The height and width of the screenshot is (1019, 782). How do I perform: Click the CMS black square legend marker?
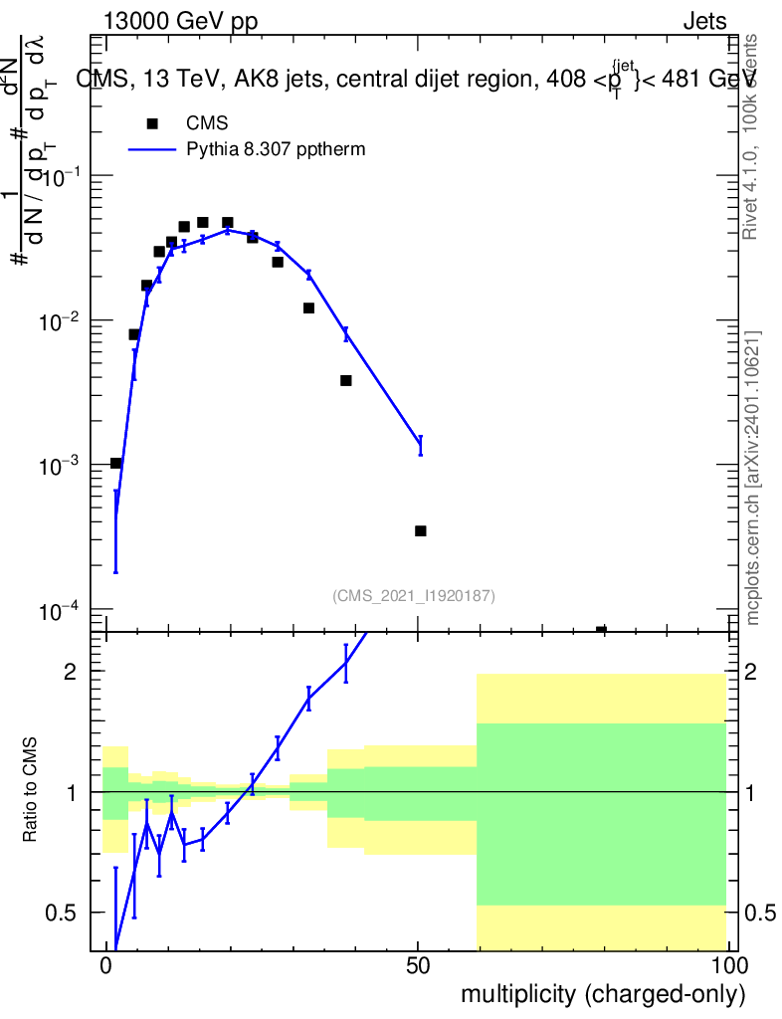(152, 124)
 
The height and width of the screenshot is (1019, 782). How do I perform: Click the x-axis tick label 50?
(418, 966)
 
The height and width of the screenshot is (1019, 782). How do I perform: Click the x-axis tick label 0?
(106, 966)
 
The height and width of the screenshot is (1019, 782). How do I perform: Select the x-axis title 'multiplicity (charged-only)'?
(602, 993)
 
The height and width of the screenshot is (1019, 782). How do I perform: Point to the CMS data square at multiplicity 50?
(420, 531)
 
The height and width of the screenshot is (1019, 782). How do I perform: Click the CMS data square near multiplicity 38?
(346, 380)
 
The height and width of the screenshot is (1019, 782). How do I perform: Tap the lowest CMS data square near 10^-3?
(115, 463)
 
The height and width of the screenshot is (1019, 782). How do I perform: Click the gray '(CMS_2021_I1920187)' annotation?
(414, 595)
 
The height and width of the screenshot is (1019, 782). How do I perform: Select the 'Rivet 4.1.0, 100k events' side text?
(751, 136)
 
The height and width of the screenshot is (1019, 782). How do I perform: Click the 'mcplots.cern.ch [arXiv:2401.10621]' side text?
(753, 478)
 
